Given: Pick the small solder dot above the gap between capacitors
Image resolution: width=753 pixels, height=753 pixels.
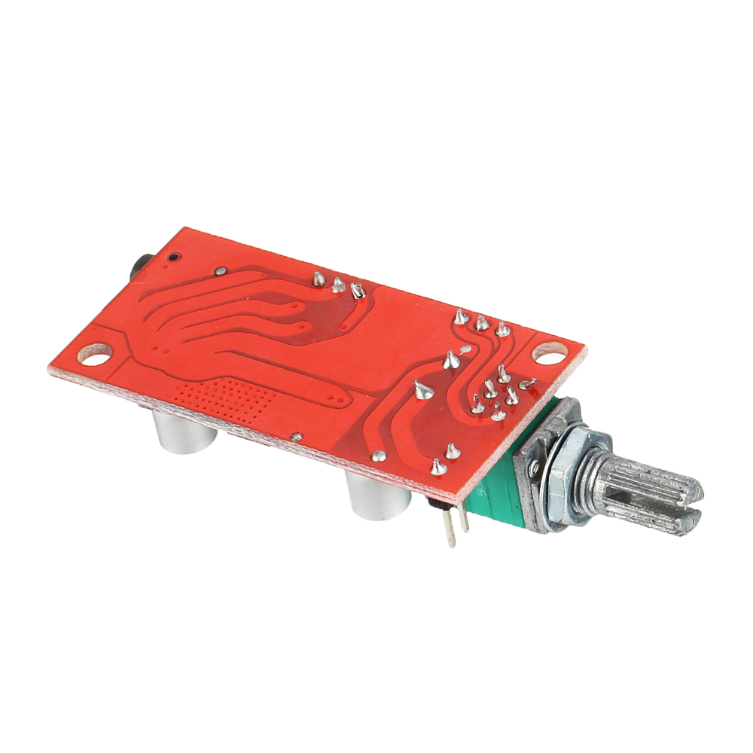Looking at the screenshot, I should tap(297, 436).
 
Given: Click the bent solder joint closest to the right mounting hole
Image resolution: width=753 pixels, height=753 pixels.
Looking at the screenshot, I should tap(526, 385).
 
